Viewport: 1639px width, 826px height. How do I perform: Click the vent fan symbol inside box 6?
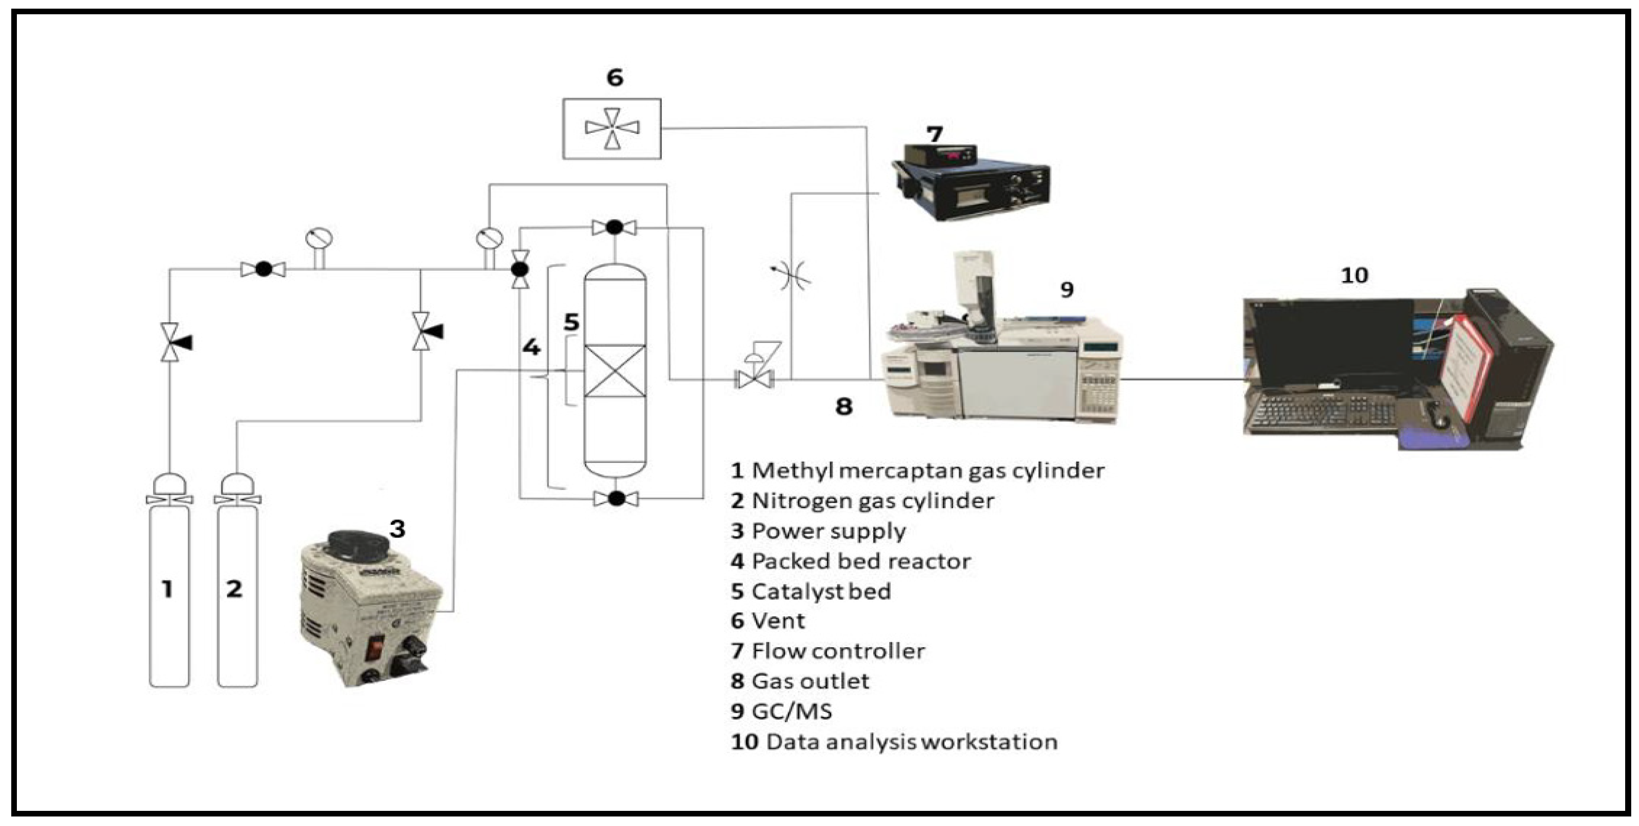pos(611,128)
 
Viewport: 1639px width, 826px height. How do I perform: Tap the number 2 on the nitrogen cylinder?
pos(235,589)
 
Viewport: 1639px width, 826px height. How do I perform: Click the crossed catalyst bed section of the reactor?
pos(615,371)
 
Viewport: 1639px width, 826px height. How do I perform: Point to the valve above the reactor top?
pos(614,227)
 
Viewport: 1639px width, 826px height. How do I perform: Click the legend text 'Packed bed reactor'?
pos(861,561)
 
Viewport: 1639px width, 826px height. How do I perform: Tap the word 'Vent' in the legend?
pos(778,621)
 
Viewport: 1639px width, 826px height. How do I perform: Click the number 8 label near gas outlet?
pos(844,406)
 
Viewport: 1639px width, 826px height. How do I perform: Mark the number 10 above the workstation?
pos(1354,275)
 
